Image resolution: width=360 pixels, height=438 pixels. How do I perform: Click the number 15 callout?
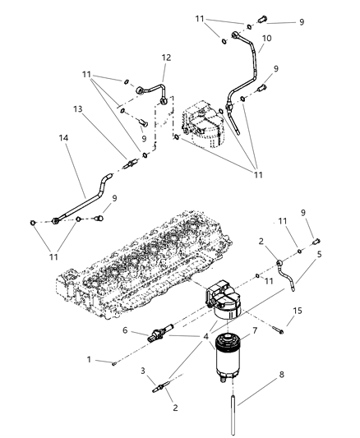pos(320,310)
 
